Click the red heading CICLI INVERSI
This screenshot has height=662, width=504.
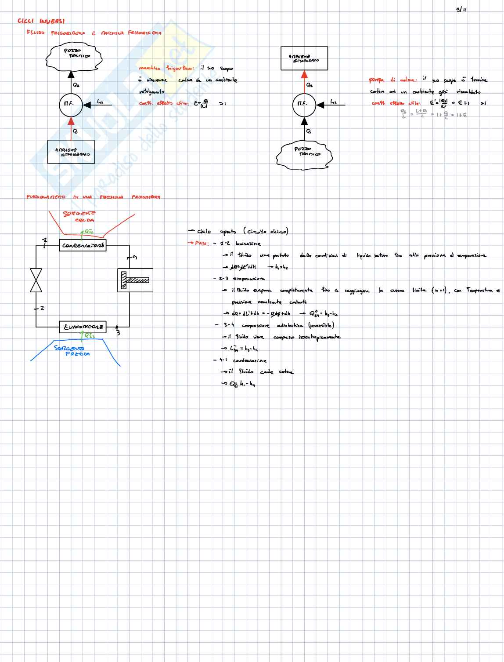(x=41, y=21)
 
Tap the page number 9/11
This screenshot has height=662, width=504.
(x=461, y=9)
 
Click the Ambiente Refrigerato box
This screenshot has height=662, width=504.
(x=71, y=152)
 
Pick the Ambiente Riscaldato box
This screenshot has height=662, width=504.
(x=304, y=58)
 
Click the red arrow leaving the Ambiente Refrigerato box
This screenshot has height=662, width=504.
(x=71, y=127)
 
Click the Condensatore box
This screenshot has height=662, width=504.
(x=83, y=245)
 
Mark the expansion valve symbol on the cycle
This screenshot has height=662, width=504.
(x=36, y=280)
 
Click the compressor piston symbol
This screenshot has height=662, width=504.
(x=135, y=280)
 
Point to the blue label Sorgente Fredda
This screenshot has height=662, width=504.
(x=72, y=351)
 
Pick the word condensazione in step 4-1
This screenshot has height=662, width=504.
(x=249, y=360)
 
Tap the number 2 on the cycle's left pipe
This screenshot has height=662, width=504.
(x=42, y=308)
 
